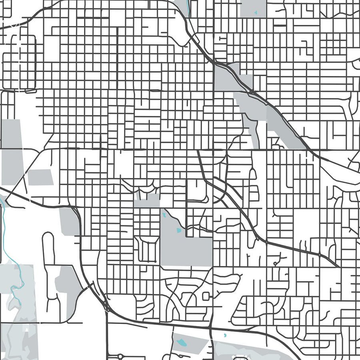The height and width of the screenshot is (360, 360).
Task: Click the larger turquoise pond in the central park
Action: pos(178,230)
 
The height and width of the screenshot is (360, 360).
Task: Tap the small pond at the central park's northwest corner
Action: pos(164,214)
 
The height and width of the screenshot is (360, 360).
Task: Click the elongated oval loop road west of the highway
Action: pos(48,248)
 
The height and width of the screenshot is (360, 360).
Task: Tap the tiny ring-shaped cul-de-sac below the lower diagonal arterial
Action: pos(275,264)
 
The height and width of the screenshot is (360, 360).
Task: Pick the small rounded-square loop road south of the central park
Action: pos(206,296)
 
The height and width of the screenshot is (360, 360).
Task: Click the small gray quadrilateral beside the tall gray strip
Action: pos(40,177)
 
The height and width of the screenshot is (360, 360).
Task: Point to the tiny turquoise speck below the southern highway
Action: pos(224,335)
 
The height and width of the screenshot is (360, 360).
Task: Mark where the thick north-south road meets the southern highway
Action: pos(211,328)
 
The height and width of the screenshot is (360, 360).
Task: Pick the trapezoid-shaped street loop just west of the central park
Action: pos(147,249)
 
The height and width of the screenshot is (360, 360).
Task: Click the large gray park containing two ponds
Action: pos(186,240)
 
